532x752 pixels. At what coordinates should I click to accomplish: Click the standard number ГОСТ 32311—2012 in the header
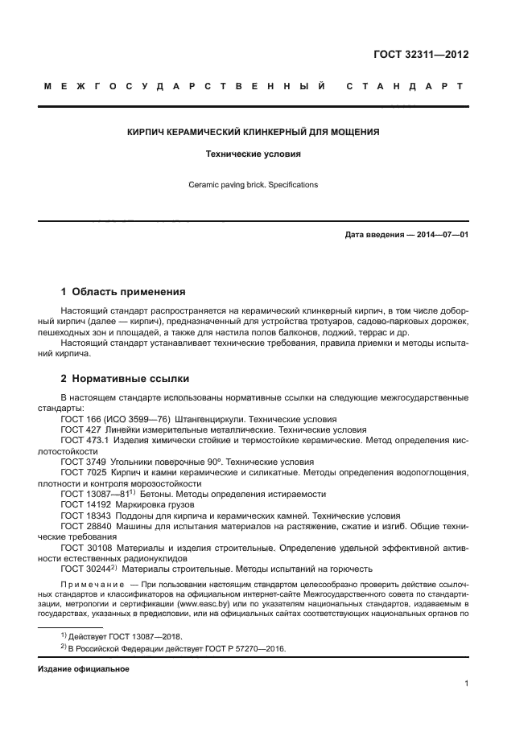(421, 55)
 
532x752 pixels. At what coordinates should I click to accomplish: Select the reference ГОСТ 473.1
(83, 441)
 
